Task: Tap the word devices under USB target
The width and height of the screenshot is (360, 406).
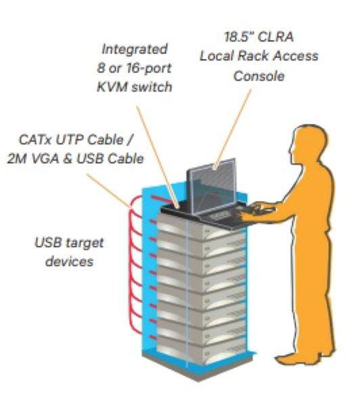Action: pos(68,261)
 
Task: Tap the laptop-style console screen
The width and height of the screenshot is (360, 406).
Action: pos(210,184)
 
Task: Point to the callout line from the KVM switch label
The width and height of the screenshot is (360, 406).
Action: pos(161,149)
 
